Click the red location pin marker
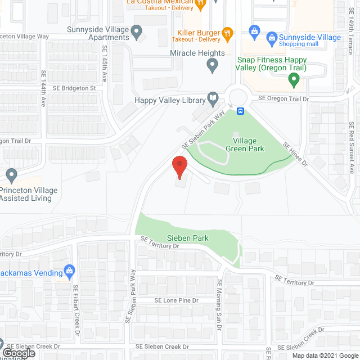pos(179,168)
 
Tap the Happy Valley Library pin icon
pos(213,99)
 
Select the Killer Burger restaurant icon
pos(227,33)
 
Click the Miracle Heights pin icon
pos(213,66)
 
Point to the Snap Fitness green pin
pos(294,80)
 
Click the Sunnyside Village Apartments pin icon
pos(137,33)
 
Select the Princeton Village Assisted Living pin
pos(11,174)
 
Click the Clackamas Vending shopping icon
pos(70,271)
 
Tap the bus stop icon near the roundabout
pos(240,110)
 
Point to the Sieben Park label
pos(187,238)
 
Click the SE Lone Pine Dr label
pos(177,300)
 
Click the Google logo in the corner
pos(18,353)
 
